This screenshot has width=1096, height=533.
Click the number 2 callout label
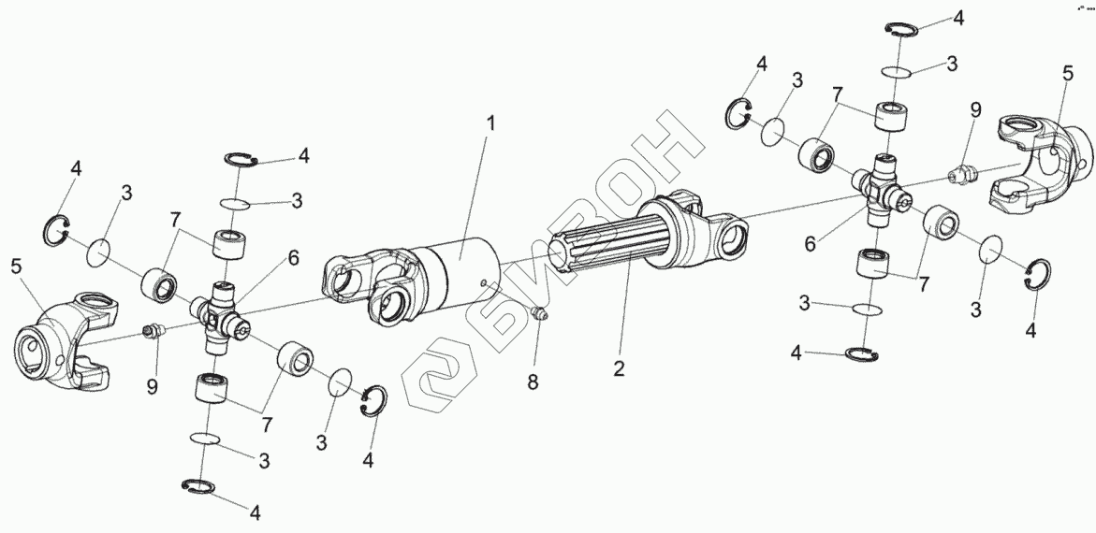(x=618, y=367)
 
